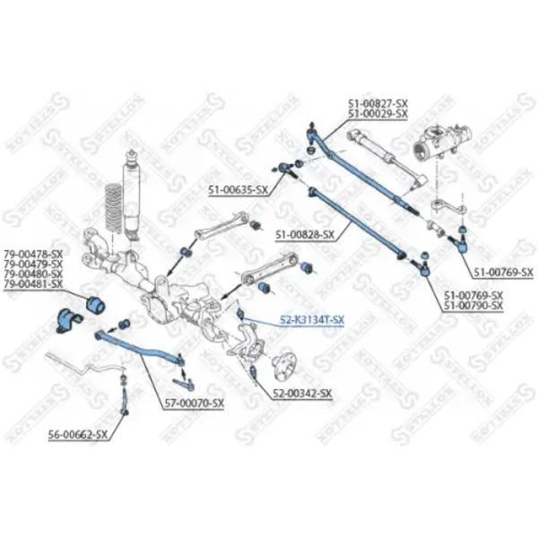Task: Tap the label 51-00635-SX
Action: (x=238, y=190)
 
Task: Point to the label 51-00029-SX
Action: (x=377, y=115)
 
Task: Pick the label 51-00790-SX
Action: (x=473, y=306)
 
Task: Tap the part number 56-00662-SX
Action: (x=79, y=435)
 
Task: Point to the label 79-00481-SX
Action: (x=33, y=284)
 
